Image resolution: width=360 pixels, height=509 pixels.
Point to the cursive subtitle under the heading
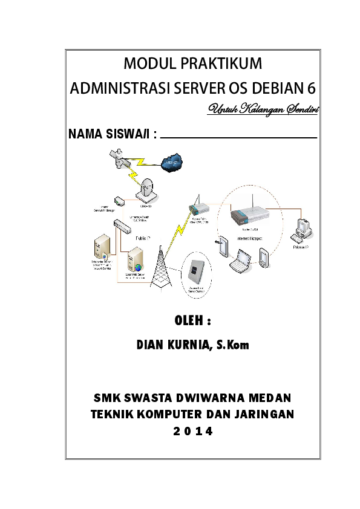pos(263,109)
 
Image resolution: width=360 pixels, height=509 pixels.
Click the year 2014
pos(192,432)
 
